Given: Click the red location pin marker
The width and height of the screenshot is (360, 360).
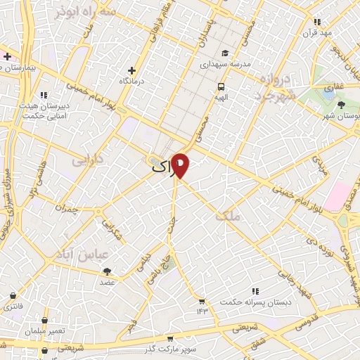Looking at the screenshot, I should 181,165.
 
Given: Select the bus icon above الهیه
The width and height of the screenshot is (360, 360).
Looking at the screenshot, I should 221,87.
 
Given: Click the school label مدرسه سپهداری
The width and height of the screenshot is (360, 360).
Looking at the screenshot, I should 226,63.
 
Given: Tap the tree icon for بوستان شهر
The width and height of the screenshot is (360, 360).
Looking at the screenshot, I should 341,105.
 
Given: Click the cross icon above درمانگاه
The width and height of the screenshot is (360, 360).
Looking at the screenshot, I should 131,71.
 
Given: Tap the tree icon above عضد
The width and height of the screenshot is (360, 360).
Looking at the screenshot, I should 107,271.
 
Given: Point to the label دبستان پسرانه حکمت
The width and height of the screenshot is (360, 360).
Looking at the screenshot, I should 255,302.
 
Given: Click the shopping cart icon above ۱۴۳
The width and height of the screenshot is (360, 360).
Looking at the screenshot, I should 202,300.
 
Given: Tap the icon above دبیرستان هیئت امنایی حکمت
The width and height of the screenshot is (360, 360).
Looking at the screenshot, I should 44,95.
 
